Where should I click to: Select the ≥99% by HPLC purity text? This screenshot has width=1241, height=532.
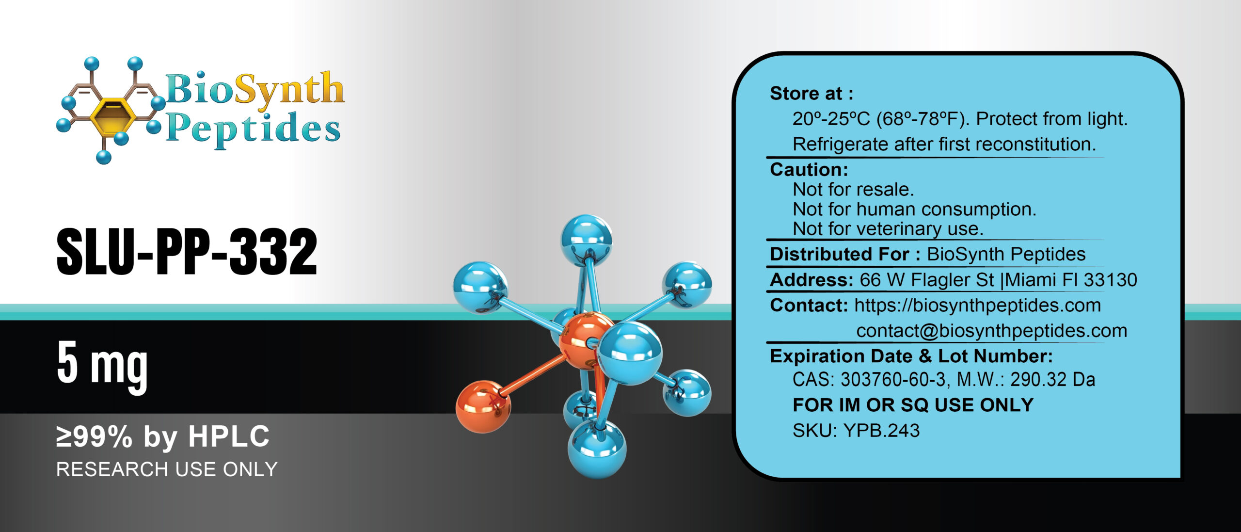click(163, 436)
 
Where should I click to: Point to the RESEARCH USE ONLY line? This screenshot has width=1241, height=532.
click(167, 469)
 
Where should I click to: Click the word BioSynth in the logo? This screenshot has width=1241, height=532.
click(255, 89)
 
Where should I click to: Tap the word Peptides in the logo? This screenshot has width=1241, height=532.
click(253, 128)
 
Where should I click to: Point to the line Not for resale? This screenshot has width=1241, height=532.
click(853, 189)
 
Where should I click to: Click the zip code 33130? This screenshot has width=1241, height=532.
click(1110, 280)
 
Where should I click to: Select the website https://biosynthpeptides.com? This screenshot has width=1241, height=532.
click(977, 305)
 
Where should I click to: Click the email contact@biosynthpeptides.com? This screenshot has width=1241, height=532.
click(991, 331)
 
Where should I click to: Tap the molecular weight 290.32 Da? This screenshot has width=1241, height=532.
click(1052, 379)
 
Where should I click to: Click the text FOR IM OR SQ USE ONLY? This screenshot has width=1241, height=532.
click(913, 405)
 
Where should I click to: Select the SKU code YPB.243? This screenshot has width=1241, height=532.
click(881, 431)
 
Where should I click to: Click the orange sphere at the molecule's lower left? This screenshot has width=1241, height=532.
click(483, 406)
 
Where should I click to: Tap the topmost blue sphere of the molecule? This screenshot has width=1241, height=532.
click(586, 240)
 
